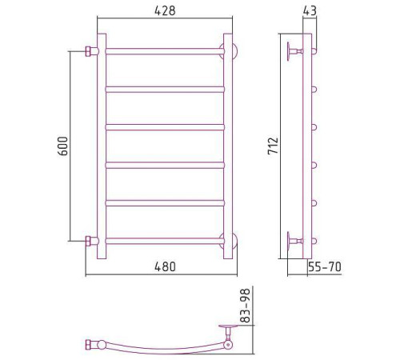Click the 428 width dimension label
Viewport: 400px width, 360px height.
165,10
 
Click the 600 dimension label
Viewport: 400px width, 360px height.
63,146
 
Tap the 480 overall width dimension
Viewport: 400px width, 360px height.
165,266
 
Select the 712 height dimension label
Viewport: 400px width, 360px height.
273,146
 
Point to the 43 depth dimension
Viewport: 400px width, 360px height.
310,10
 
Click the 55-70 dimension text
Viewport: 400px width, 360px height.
325,266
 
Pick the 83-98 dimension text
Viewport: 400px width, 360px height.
245,306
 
